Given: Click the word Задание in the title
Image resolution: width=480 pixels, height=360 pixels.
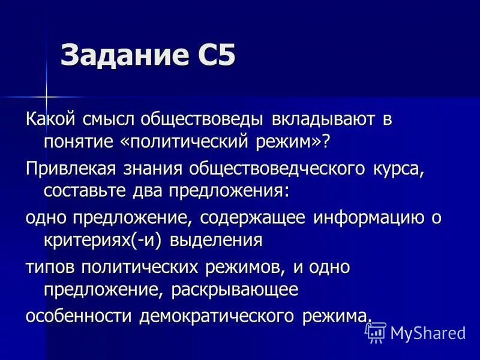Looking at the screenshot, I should point(118,56).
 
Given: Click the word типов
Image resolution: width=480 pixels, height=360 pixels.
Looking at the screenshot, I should point(50,267).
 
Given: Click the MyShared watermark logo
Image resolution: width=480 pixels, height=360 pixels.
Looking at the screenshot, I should point(416,332).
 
